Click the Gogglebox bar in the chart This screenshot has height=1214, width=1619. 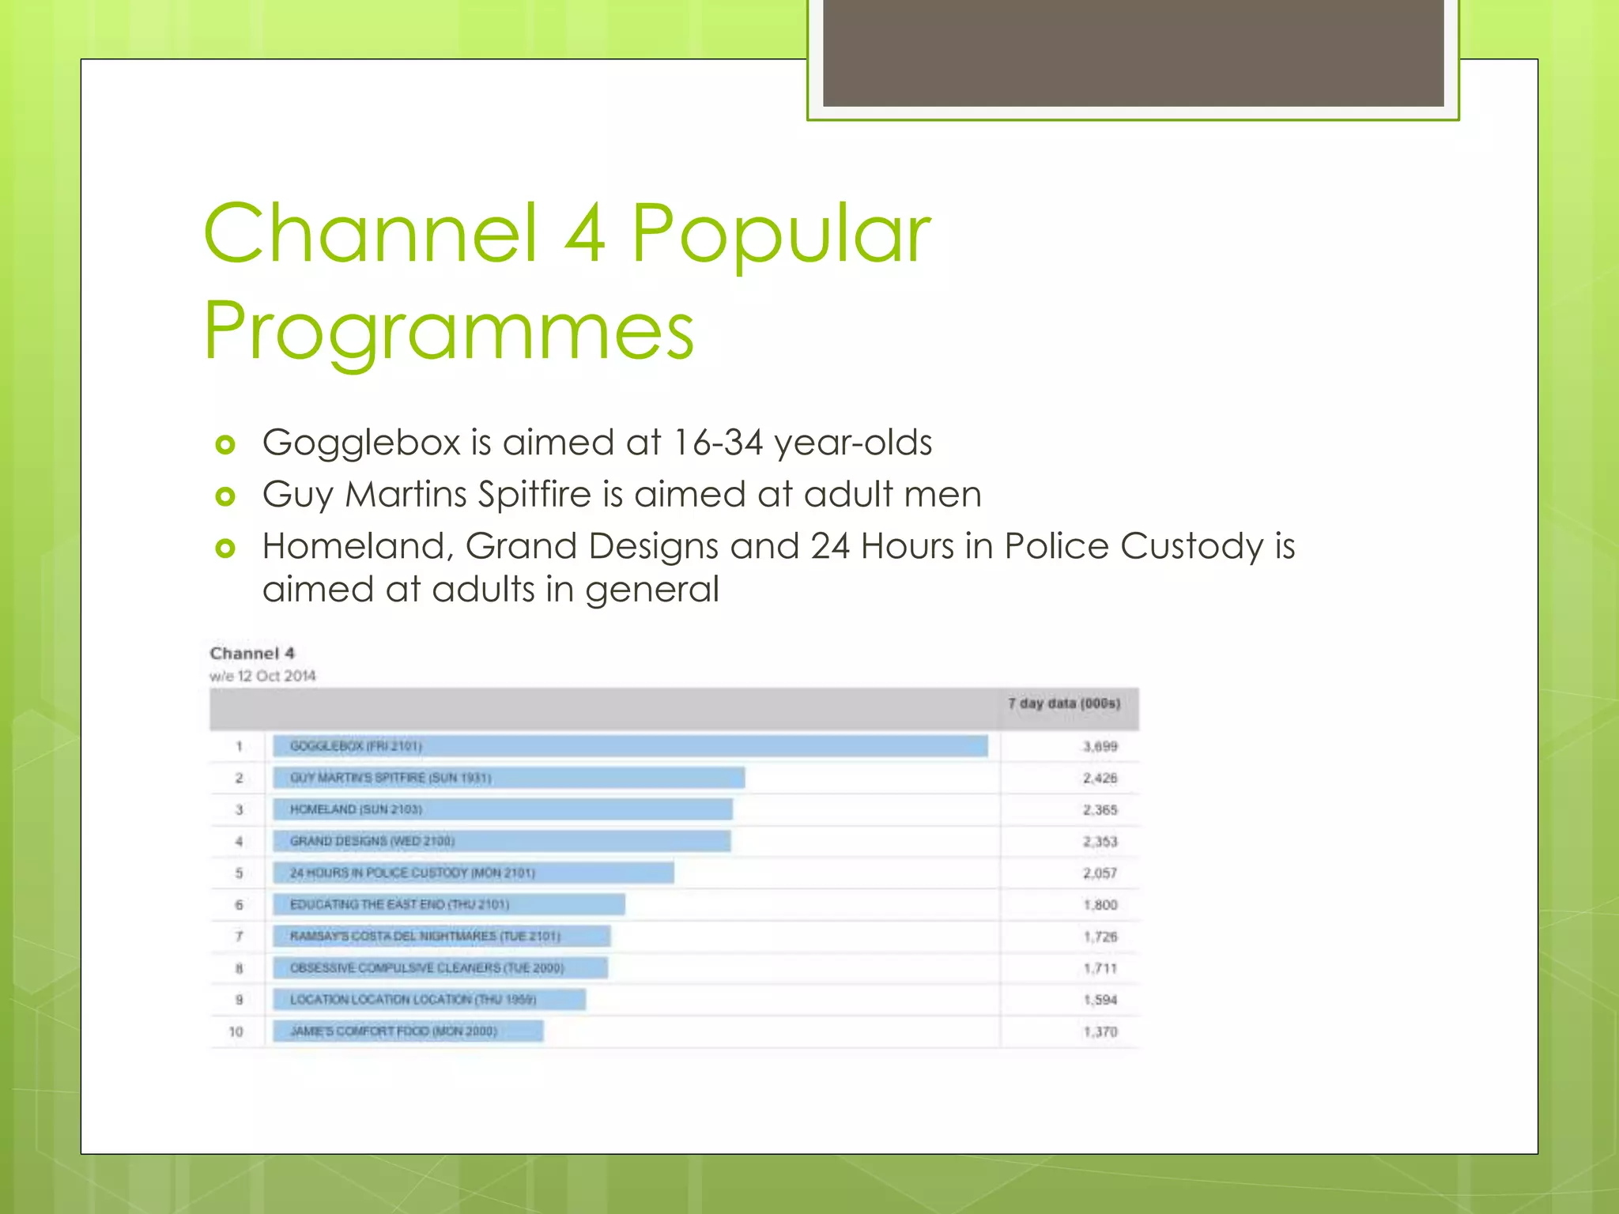pyautogui.click(x=630, y=746)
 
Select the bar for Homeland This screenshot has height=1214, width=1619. pyautogui.click(x=503, y=809)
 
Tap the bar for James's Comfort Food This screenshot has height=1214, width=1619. pyautogui.click(x=408, y=1031)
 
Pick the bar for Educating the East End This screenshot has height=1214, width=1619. pyautogui.click(x=449, y=904)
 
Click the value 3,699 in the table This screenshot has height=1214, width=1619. pyautogui.click(x=1100, y=746)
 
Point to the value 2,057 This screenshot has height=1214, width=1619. pyautogui.click(x=1100, y=873)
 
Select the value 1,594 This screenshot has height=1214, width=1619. pyautogui.click(x=1100, y=1000)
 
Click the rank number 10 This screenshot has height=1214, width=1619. pyautogui.click(x=236, y=1031)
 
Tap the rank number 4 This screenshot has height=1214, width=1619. pyautogui.click(x=239, y=842)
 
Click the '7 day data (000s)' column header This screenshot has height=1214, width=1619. pyautogui.click(x=1063, y=703)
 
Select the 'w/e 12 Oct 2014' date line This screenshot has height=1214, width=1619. pyautogui.click(x=262, y=676)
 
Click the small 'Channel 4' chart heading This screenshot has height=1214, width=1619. pyautogui.click(x=252, y=653)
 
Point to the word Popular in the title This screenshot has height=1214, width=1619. pyautogui.click(x=781, y=233)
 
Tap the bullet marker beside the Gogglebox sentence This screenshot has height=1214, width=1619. pyautogui.click(x=225, y=445)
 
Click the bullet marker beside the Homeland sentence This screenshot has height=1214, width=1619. pyautogui.click(x=225, y=548)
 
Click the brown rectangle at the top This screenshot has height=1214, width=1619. pyautogui.click(x=1133, y=52)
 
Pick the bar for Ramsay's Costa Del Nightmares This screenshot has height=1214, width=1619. pyautogui.click(x=442, y=937)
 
